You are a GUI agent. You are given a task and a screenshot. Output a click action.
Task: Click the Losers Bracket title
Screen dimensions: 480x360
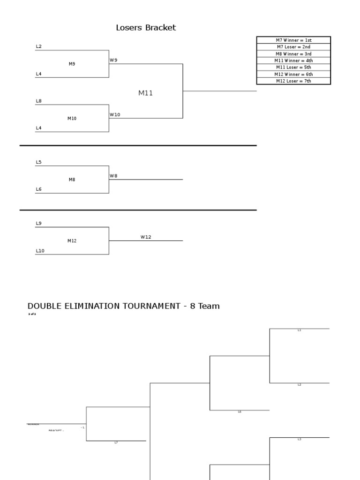[x=146, y=28]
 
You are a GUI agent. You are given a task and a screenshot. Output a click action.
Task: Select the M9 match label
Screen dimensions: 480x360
[x=72, y=64]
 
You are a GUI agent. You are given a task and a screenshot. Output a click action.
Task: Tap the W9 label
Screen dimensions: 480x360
[x=113, y=60]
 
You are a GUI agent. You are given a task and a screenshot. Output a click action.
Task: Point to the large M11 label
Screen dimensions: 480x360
[x=145, y=93]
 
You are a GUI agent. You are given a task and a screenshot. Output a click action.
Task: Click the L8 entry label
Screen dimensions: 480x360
[x=38, y=101]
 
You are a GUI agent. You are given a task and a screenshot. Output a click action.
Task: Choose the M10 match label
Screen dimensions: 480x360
[x=72, y=119]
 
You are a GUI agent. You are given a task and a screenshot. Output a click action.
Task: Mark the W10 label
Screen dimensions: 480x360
[x=115, y=114]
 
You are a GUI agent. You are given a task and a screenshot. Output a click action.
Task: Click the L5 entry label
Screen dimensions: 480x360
[x=38, y=162]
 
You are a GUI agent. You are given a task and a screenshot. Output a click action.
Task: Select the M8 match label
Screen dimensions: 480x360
[x=72, y=180]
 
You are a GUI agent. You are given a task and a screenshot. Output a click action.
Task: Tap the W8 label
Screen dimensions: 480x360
[x=113, y=176]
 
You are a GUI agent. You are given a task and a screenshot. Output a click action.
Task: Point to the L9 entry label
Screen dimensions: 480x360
[x=38, y=224]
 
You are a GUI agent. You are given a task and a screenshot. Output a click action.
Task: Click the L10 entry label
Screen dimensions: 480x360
[x=40, y=251]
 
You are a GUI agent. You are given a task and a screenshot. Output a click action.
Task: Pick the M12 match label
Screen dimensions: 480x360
[x=72, y=241]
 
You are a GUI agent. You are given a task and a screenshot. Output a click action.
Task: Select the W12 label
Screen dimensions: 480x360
[x=146, y=237]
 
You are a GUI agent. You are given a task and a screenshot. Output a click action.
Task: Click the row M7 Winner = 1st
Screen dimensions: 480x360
[x=293, y=40]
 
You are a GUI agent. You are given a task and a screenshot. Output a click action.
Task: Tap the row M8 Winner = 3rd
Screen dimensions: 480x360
[x=293, y=54]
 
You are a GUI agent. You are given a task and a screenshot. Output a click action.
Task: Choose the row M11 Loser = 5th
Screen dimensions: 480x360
[x=293, y=67]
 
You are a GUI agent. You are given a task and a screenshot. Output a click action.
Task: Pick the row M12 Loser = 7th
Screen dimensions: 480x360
[x=293, y=81]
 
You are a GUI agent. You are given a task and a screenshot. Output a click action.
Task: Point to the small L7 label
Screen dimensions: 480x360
[x=116, y=442]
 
